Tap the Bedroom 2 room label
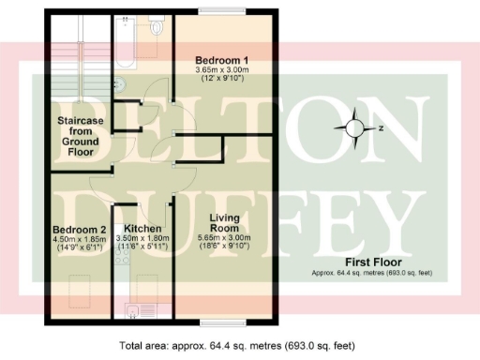[77, 230]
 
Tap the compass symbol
[357, 128]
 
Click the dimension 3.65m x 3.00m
[219, 70]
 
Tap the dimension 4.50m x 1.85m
[77, 240]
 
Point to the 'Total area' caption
[236, 345]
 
